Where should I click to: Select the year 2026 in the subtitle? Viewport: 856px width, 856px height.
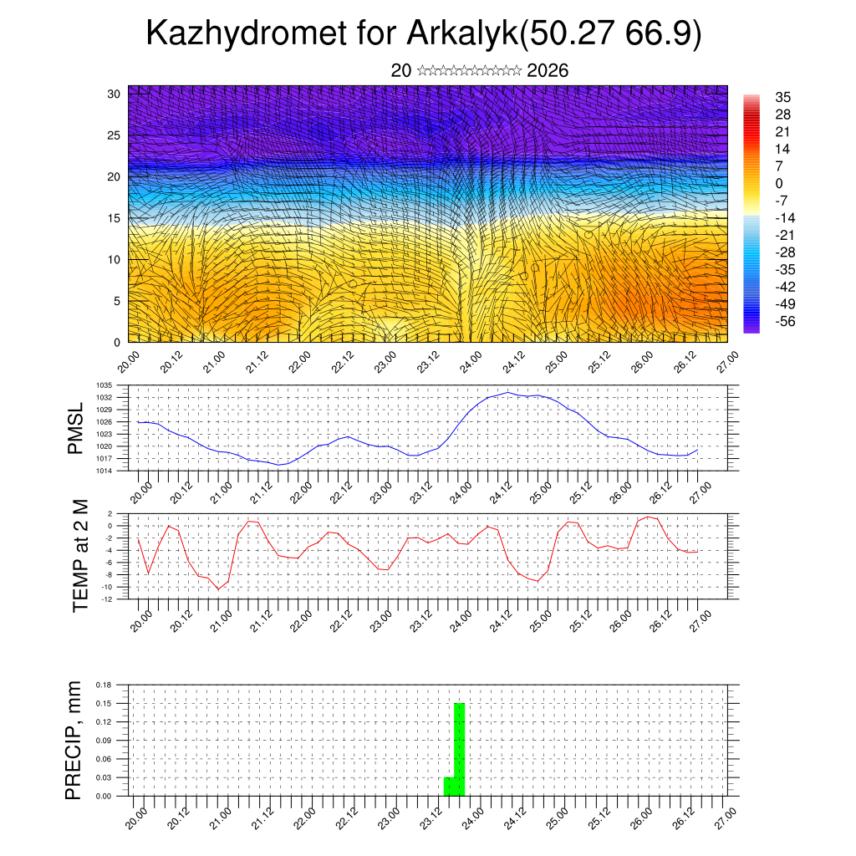point(548,70)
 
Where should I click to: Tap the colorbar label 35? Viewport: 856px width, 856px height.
point(782,98)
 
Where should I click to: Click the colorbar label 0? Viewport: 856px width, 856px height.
point(778,183)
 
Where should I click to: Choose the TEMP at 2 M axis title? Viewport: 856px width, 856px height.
point(80,555)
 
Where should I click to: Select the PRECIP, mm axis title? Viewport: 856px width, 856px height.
point(74,740)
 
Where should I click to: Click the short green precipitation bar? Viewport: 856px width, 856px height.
point(449,787)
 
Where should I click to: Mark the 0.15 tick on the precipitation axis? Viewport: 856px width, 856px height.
point(105,703)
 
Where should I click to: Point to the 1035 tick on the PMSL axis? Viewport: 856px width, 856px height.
point(104,385)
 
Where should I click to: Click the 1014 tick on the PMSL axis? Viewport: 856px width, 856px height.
point(104,471)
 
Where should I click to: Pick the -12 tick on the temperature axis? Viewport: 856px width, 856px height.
point(107,599)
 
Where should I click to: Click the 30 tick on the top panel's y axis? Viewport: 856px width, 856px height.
point(115,94)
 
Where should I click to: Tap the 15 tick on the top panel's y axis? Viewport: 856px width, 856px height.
point(115,218)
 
